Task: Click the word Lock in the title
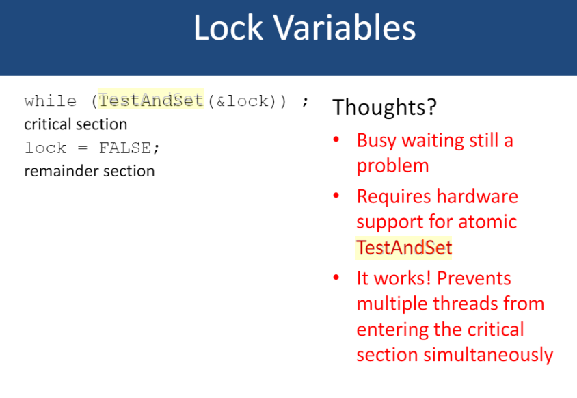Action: [x=228, y=29]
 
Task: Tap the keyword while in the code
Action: [x=51, y=101]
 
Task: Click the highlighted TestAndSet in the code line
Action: [x=152, y=101]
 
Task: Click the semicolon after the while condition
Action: [x=305, y=101]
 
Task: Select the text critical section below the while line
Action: [x=75, y=124]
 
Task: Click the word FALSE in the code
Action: [x=129, y=148]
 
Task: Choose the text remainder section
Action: [x=89, y=171]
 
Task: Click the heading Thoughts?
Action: [x=384, y=107]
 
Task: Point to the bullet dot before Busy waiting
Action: [x=336, y=140]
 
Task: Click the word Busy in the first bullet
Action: [x=376, y=140]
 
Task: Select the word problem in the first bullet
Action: [x=392, y=165]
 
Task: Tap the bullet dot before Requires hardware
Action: [x=336, y=196]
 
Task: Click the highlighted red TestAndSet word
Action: [x=404, y=247]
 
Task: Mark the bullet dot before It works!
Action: [x=336, y=278]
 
